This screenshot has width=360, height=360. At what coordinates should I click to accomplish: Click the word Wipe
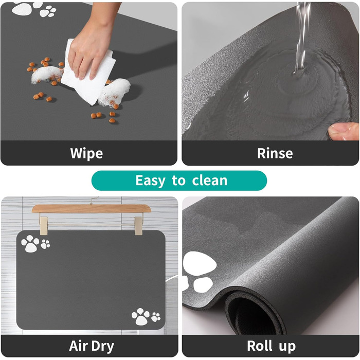(86, 153)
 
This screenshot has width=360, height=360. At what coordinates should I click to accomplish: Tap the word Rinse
(275, 153)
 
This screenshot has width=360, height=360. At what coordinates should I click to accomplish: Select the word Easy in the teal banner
(150, 181)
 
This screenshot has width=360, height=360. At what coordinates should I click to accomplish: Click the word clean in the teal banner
(210, 181)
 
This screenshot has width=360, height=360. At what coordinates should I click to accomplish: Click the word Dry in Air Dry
(103, 347)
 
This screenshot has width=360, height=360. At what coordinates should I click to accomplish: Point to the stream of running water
(302, 37)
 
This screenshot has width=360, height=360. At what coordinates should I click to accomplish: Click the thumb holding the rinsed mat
(344, 131)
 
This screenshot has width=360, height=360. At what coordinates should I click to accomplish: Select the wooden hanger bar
(92, 208)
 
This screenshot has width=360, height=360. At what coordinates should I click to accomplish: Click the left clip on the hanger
(43, 226)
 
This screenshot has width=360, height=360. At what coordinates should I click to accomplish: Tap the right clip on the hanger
(138, 226)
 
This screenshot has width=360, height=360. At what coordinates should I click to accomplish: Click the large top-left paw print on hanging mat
(30, 243)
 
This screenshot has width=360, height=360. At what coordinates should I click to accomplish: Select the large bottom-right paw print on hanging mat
(140, 317)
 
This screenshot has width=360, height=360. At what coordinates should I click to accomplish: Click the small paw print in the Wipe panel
(48, 11)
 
